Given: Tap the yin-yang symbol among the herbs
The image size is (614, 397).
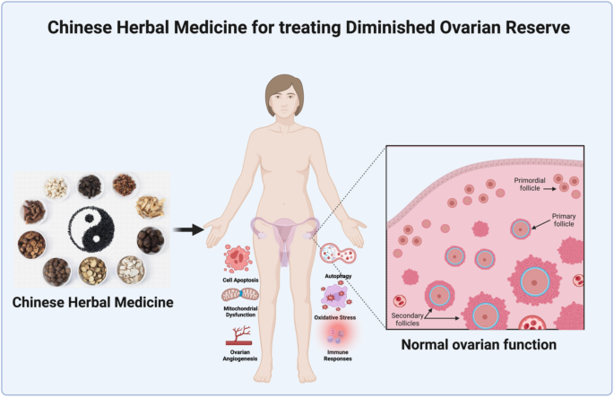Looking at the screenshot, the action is [91, 229].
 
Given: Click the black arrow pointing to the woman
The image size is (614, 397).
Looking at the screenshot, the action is [188, 229].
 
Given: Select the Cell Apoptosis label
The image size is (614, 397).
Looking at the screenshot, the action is [240, 280].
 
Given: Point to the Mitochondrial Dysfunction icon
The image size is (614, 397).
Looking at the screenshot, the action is [240, 295].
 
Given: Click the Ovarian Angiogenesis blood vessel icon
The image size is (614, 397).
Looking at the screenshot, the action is [238, 336].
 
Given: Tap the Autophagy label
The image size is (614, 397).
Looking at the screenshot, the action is [338, 276].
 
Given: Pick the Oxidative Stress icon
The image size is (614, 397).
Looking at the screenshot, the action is [336, 296].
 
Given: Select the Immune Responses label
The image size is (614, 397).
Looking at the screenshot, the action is [338, 356].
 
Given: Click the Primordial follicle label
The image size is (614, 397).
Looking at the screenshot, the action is [530, 185].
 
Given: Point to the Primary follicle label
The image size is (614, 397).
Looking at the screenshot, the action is [564, 220].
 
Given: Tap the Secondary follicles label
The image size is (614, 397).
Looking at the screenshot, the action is [407, 319].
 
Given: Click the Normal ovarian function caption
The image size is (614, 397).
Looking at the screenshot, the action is [479, 344].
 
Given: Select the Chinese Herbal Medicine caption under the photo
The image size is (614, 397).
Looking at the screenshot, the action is [93, 302].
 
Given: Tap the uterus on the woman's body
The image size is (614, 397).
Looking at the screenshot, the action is [285, 235].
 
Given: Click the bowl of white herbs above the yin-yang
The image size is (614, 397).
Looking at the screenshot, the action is [56, 187].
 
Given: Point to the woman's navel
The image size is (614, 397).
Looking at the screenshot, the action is [285, 203].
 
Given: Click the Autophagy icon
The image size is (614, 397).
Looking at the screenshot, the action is [338, 255].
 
